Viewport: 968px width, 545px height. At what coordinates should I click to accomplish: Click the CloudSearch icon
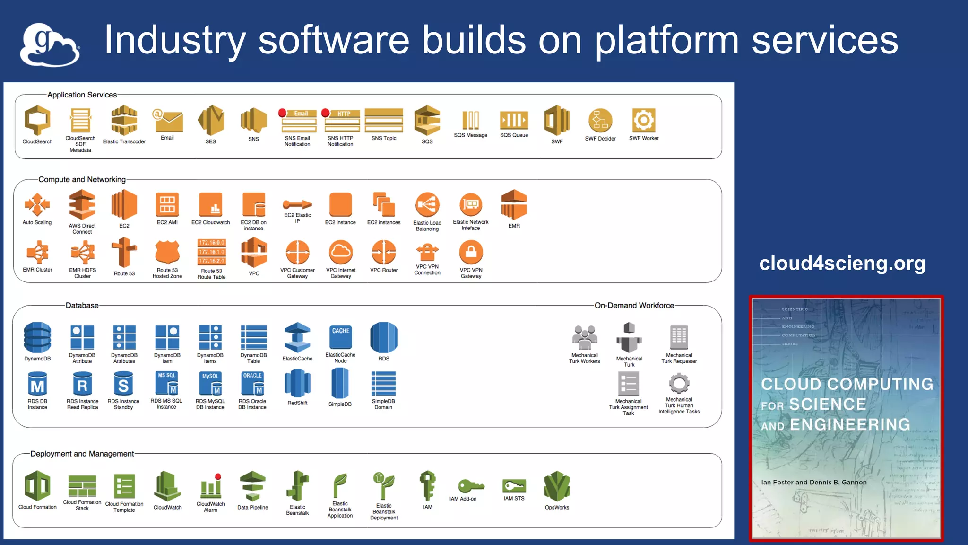(x=37, y=120)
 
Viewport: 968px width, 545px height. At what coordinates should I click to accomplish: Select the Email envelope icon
(x=167, y=121)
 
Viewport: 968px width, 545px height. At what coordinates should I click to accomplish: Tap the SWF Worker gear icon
(x=643, y=120)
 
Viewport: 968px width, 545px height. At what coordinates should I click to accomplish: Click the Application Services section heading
(x=82, y=95)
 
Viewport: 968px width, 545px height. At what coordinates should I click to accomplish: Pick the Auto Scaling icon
(x=37, y=205)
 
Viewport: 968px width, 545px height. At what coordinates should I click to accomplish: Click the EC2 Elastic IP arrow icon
(x=297, y=204)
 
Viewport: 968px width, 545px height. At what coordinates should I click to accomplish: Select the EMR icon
(x=514, y=205)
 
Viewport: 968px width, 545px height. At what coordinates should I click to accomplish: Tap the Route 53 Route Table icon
(x=211, y=252)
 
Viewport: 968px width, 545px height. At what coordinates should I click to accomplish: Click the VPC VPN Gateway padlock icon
(x=471, y=252)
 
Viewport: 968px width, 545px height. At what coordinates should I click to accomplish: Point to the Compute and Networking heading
(x=82, y=179)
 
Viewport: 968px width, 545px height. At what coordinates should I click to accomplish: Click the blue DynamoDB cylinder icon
(x=37, y=337)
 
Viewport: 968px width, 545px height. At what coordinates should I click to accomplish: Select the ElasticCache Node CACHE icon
(x=340, y=336)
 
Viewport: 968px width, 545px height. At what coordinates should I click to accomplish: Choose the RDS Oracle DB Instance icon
(x=252, y=383)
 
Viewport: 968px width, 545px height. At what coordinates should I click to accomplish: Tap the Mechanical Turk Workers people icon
(x=584, y=337)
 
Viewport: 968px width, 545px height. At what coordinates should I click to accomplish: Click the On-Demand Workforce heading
(x=634, y=305)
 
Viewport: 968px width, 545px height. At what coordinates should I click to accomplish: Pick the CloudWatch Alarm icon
(x=211, y=486)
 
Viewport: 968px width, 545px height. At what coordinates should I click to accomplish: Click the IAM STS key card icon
(x=514, y=486)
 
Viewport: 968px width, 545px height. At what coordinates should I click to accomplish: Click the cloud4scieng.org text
(x=842, y=263)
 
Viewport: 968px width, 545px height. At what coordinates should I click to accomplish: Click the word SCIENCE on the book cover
(x=827, y=404)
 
